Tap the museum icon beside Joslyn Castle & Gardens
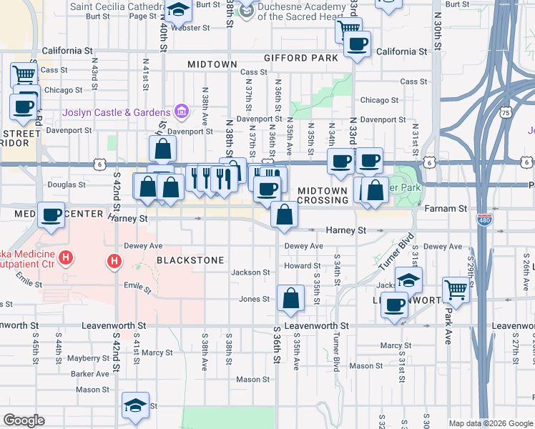tap(182, 112)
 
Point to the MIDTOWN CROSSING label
tap(323, 195)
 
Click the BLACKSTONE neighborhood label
tap(191, 260)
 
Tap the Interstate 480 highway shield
tap(484, 220)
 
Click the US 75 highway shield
tap(506, 112)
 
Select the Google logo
tap(24, 420)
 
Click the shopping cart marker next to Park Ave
tap(456, 289)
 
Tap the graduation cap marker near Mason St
tap(134, 405)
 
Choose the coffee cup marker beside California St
tap(357, 44)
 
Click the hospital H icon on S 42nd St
tap(114, 262)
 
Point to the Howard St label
tap(298, 266)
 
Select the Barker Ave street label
tap(90, 374)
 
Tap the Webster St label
tap(194, 28)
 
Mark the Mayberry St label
tap(89, 358)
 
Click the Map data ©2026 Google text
tap(491, 423)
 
